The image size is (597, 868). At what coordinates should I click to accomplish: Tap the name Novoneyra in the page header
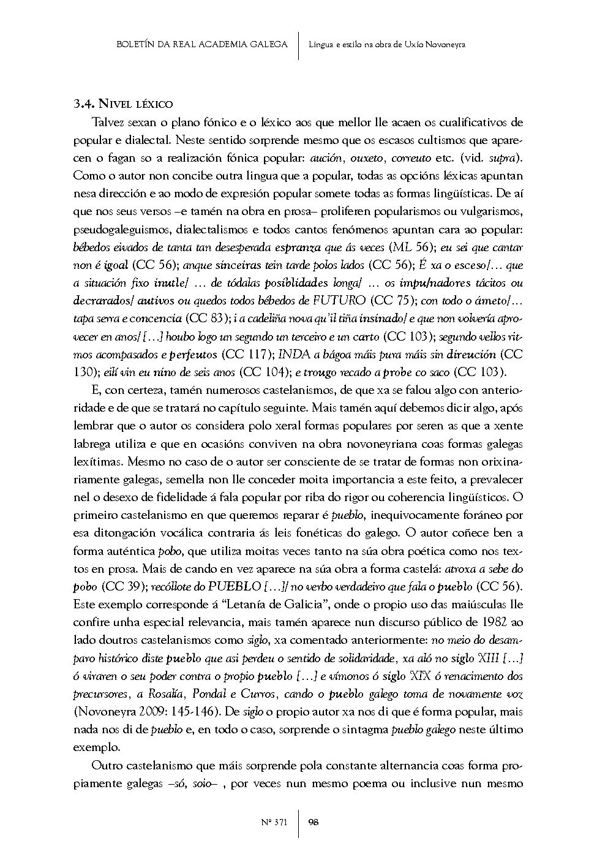click(444, 44)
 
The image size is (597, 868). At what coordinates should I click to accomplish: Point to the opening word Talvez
click(106, 123)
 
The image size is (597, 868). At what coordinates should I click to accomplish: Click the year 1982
click(495, 622)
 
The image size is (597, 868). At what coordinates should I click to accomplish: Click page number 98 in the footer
click(313, 822)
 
